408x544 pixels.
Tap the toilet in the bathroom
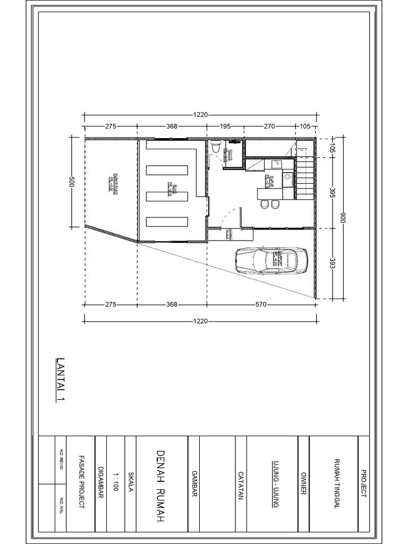click(x=216, y=148)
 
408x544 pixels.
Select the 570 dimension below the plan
click(x=260, y=305)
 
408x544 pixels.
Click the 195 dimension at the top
click(x=225, y=127)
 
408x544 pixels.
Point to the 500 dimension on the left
click(x=73, y=181)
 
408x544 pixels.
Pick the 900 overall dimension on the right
click(x=343, y=218)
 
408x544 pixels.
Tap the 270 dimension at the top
click(x=269, y=127)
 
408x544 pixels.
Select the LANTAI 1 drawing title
click(x=59, y=380)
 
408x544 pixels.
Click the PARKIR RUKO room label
click(x=112, y=182)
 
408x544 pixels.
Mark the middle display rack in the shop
click(x=167, y=196)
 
